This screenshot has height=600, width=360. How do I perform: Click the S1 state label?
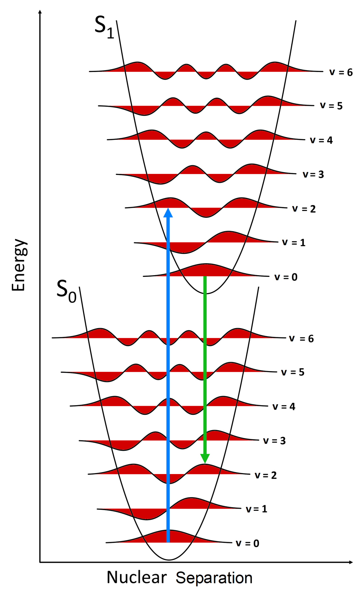click(x=104, y=27)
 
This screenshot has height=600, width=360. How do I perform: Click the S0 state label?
click(x=66, y=291)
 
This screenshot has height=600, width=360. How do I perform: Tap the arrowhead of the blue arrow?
click(x=168, y=213)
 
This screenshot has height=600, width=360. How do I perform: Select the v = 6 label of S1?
click(x=341, y=72)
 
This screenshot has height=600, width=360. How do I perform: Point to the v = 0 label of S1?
click(x=286, y=277)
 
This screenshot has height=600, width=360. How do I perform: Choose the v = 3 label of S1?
click(x=313, y=174)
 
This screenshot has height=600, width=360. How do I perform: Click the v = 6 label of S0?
click(x=301, y=338)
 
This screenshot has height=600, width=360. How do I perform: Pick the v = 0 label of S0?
click(x=247, y=543)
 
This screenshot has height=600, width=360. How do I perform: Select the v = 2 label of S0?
click(x=266, y=475)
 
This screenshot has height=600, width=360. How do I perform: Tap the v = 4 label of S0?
click(x=284, y=406)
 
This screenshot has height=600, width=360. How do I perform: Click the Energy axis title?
click(x=19, y=265)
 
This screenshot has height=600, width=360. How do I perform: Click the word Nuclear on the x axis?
click(x=136, y=577)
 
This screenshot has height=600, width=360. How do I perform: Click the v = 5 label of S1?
click(x=331, y=106)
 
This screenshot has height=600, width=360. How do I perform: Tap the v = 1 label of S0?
click(x=256, y=509)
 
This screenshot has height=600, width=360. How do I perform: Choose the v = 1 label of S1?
click(x=294, y=242)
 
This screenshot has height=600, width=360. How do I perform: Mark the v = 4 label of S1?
click(x=321, y=140)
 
